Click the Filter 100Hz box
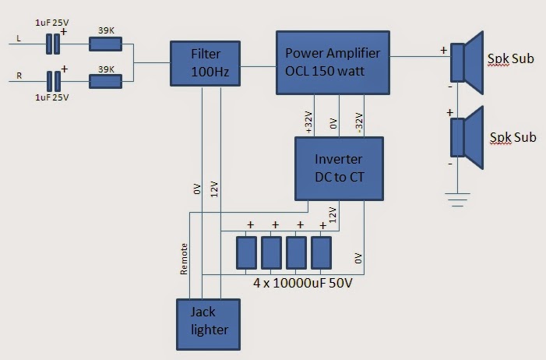[x=206, y=62]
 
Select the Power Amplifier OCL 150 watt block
[x=333, y=63]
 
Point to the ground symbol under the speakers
[x=460, y=199]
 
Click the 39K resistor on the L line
[x=105, y=44]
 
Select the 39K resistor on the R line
[x=105, y=80]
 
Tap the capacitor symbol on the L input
[x=52, y=44]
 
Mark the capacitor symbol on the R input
[x=52, y=80]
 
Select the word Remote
[x=184, y=259]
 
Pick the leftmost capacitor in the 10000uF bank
[x=246, y=253]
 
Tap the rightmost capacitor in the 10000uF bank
[x=321, y=253]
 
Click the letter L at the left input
[x=18, y=37]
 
